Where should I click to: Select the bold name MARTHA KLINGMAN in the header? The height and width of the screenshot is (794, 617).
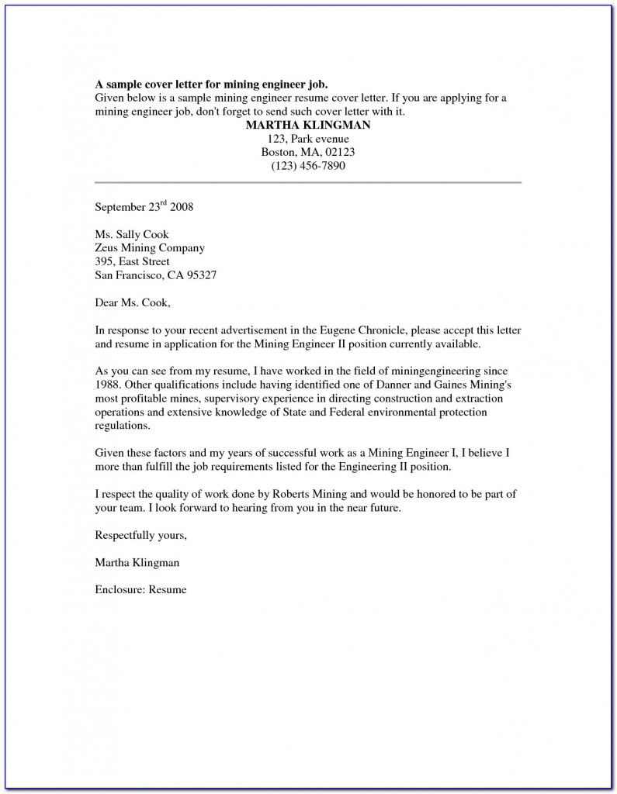coord(307,125)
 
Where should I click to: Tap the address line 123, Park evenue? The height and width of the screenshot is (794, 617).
coord(307,139)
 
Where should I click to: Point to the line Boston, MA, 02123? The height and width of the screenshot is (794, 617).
coord(307,153)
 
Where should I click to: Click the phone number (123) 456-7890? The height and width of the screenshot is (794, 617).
coord(307,167)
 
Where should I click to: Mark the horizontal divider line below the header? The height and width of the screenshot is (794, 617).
coord(307,182)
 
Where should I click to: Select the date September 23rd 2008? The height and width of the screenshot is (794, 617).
coord(144,207)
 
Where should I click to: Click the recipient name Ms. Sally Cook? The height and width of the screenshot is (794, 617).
coord(131,234)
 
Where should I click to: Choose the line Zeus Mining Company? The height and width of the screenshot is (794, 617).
coord(150,248)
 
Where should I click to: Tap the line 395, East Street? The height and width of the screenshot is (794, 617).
coord(132,262)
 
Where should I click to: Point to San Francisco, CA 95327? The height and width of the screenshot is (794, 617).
coord(155,275)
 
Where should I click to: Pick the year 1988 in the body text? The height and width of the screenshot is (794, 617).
coord(108,385)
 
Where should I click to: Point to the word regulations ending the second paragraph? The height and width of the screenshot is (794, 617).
coord(121,426)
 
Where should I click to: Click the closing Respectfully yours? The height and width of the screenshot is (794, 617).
coord(140,535)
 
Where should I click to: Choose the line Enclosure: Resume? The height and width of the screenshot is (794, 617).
coord(140,589)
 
